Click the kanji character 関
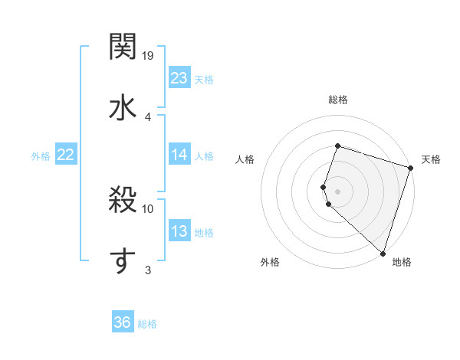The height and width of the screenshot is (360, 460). (x=123, y=47)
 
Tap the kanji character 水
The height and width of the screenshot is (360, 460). (x=123, y=106)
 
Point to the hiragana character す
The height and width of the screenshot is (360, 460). (x=123, y=260)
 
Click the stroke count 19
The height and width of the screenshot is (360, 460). (x=149, y=56)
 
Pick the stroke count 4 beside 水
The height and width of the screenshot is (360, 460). (x=148, y=116)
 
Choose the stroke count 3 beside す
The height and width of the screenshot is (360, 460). (x=148, y=270)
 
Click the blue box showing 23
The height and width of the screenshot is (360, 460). (x=179, y=78)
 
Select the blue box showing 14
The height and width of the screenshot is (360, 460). (x=179, y=155)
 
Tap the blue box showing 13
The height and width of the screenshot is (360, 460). (x=179, y=231)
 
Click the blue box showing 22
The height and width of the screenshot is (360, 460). (x=66, y=155)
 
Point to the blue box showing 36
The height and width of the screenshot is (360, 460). (x=123, y=322)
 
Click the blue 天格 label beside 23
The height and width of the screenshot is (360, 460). (x=204, y=80)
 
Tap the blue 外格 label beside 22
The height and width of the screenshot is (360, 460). (x=41, y=156)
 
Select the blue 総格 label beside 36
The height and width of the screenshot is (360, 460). (x=147, y=324)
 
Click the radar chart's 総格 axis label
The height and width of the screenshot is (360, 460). (x=337, y=100)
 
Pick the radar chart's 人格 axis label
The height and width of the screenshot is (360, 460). (x=245, y=159)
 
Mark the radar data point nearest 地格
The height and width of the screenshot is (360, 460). (x=383, y=253)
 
